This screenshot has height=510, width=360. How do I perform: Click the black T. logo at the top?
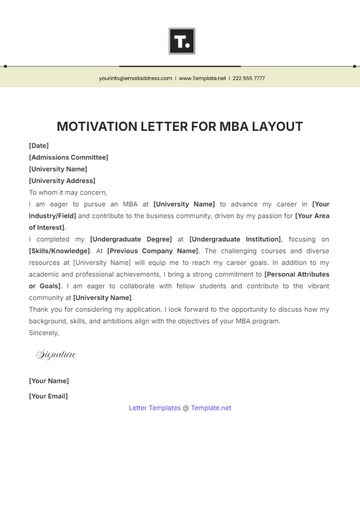[x=181, y=41]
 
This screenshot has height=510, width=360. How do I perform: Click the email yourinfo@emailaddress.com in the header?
[x=135, y=78]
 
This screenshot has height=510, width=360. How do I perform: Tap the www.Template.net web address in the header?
[x=203, y=78]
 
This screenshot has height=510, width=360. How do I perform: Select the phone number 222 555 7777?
[x=249, y=78]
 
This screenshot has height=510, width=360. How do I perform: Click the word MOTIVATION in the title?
[x=104, y=127]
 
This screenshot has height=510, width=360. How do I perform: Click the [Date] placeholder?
[x=39, y=146]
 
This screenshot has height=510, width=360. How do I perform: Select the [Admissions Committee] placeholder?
[x=69, y=157]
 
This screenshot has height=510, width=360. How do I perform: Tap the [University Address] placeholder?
[x=62, y=181]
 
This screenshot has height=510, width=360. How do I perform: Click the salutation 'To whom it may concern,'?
[x=68, y=192]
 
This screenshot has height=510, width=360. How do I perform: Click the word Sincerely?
[x=45, y=332]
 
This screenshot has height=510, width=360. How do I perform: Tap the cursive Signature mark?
[x=56, y=355]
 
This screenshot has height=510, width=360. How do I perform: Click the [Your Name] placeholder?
[x=49, y=381]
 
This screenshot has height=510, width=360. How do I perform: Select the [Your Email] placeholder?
[x=49, y=396]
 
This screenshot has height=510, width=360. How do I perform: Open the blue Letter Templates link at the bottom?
[x=155, y=408]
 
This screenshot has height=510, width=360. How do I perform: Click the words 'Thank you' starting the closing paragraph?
[x=46, y=309]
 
